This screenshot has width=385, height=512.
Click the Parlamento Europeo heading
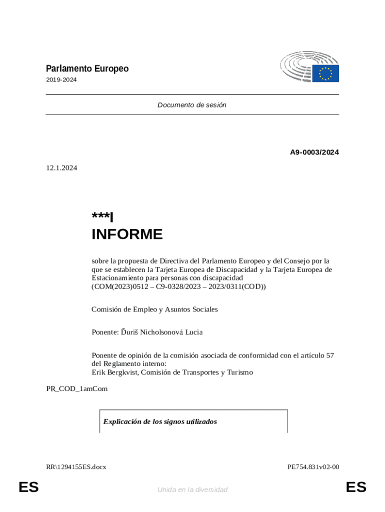pos(87,69)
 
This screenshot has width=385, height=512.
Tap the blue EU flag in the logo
pos(325,73)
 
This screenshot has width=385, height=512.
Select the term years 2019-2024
pos(61,80)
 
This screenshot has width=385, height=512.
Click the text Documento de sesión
pos(192,105)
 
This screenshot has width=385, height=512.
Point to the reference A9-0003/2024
pos(314,152)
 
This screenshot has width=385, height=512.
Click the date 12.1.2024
pos(61,168)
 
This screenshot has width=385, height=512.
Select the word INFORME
pos(127,234)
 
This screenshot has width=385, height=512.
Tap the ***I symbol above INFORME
pos(102,216)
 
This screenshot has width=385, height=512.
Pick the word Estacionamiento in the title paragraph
pos(116,277)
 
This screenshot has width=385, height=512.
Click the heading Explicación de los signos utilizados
pos(160,421)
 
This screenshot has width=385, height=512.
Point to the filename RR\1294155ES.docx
pos(76,467)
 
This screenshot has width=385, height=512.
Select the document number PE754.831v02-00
pos(313,467)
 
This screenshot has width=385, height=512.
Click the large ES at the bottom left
pos(28,487)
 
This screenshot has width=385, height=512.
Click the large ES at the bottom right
pos(356,487)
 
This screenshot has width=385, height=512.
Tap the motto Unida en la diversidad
pos(192,489)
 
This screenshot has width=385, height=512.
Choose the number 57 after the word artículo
pos(329,355)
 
